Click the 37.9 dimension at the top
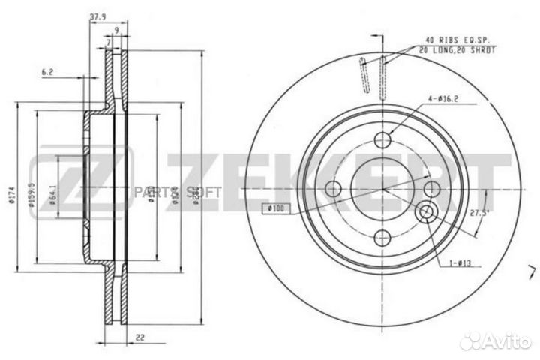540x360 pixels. click(97, 15)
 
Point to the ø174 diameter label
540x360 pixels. click(10, 197)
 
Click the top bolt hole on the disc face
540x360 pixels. click(383, 139)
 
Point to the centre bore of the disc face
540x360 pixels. click(383, 188)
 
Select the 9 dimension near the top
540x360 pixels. click(116, 30)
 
